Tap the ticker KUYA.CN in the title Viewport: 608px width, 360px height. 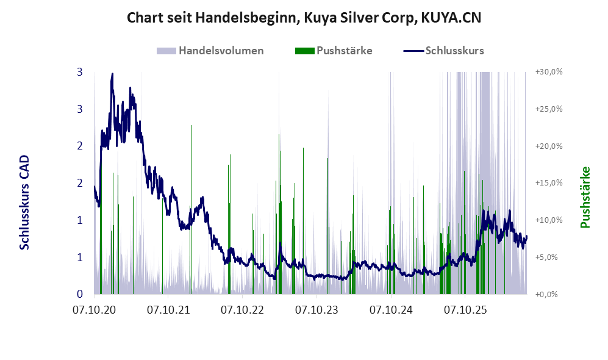(x=451, y=18)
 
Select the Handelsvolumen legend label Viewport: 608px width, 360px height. (x=221, y=51)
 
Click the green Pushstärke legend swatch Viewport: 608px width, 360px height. (x=304, y=51)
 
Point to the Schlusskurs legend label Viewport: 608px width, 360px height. (x=454, y=51)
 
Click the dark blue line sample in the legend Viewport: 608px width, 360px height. (x=413, y=51)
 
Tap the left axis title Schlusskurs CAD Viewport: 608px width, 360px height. (x=24, y=202)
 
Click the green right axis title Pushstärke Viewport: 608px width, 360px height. (x=585, y=197)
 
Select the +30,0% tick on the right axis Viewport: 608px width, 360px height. (x=549, y=72)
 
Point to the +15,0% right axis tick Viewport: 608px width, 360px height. (x=549, y=182)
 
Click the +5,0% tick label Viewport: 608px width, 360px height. (x=549, y=257)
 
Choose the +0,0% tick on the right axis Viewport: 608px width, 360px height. (x=549, y=295)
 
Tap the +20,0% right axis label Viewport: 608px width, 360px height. (x=549, y=146)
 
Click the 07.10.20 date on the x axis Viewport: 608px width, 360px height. (x=95, y=310)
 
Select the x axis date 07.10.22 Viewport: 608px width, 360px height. (x=242, y=310)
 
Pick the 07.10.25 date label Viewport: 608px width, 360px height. (x=465, y=310)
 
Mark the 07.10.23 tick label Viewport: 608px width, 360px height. (x=317, y=310)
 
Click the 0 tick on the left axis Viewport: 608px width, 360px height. (x=80, y=294)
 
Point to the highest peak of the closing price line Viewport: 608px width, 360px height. (x=112, y=74)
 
